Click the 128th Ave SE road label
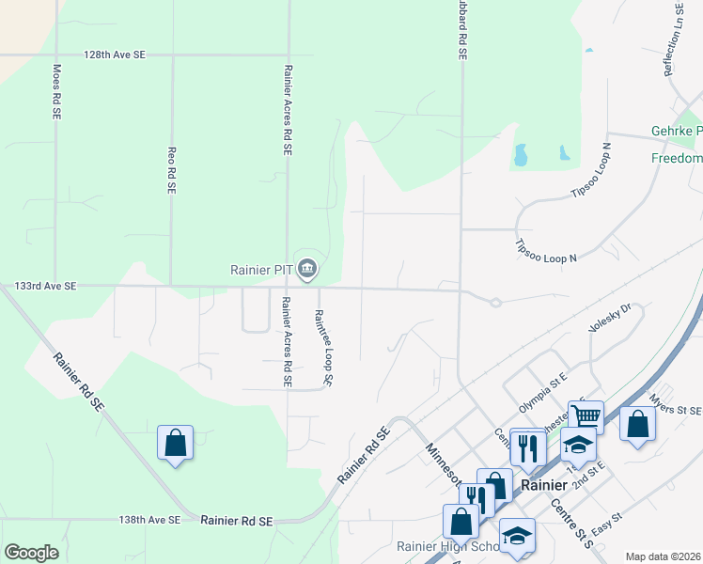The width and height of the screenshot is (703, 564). (x=115, y=55)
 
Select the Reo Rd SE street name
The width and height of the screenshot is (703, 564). (x=171, y=169)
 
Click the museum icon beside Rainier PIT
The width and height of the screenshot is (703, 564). (x=307, y=271)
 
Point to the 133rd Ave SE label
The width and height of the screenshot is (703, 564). (x=45, y=287)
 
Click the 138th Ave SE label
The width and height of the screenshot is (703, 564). (x=149, y=520)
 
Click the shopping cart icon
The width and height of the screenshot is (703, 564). (x=586, y=415)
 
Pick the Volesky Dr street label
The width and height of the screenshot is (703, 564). (x=609, y=317)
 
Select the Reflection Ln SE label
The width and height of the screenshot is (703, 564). (x=673, y=39)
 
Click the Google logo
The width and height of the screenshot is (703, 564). (x=31, y=553)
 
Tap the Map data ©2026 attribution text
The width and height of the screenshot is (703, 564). (x=662, y=556)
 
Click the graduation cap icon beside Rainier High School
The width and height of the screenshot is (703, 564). (x=516, y=535)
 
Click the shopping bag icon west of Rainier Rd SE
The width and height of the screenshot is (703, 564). (x=176, y=442)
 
